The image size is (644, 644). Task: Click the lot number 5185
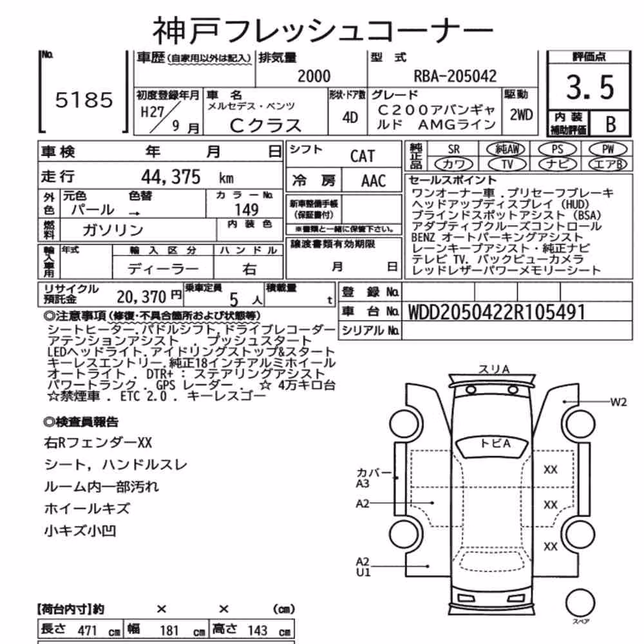[x=84, y=100]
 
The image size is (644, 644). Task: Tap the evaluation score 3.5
[x=590, y=88]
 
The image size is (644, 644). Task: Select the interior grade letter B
[x=611, y=124]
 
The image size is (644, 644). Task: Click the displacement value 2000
[x=314, y=77]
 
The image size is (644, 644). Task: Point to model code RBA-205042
[x=455, y=76]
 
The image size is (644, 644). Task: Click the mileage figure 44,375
[x=171, y=177]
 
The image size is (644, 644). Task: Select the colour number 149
[x=247, y=210]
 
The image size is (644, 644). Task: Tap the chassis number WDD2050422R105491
[x=496, y=312]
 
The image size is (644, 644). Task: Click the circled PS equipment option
[x=557, y=149]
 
